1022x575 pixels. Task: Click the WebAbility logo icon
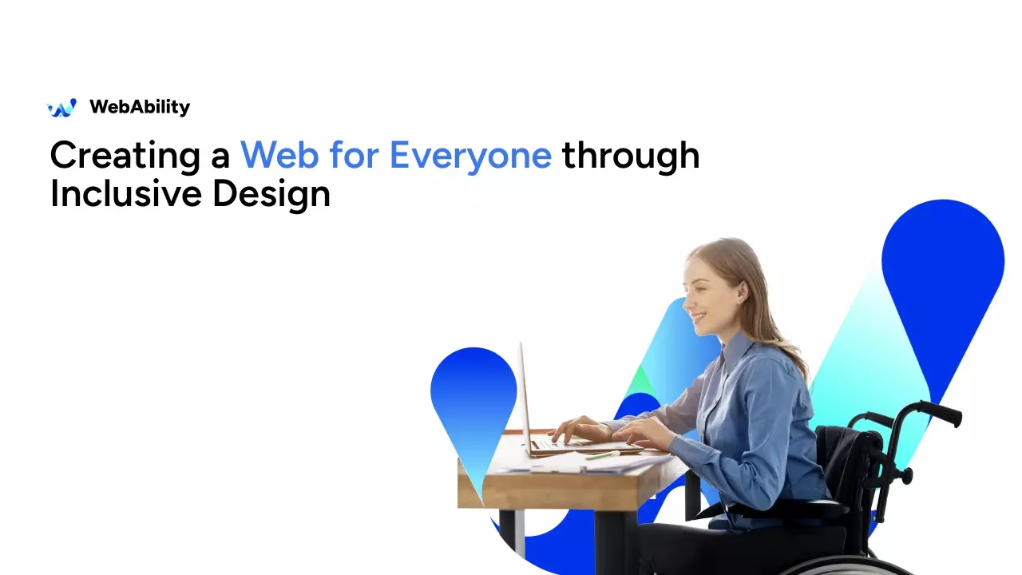tap(62, 108)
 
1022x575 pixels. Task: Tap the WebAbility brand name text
tap(140, 107)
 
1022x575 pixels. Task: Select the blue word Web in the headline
tap(279, 155)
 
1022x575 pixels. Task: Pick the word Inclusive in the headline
tap(126, 193)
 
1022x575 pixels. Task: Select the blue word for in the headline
tap(354, 155)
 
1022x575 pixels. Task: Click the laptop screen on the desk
tap(525, 398)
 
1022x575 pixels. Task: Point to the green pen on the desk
tap(603, 455)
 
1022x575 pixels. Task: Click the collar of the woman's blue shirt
tap(735, 347)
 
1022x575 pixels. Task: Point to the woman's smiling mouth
tap(698, 316)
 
